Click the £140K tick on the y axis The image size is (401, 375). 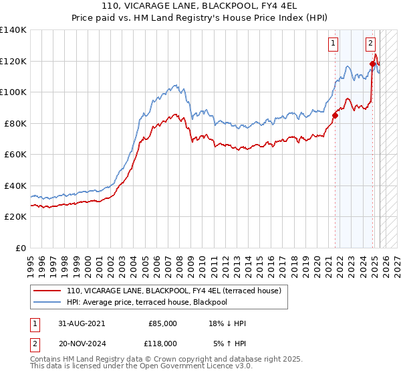(x=13, y=30)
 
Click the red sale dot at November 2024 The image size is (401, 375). (x=372, y=64)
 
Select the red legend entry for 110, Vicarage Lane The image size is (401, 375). (x=177, y=291)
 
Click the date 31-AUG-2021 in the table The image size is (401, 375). (x=82, y=323)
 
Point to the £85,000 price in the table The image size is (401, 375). (x=162, y=323)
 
